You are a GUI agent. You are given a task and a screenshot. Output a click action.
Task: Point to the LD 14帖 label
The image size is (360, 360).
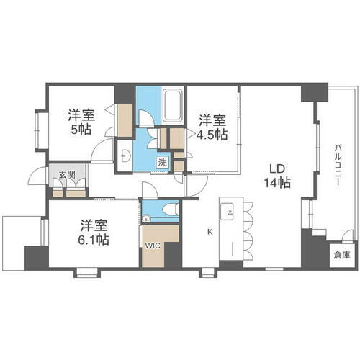pyautogui.click(x=276, y=176)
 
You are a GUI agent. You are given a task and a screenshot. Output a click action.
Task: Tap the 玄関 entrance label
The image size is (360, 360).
pyautogui.click(x=67, y=174)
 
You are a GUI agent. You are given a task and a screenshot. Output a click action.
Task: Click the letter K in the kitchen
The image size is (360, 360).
pyautogui.click(x=210, y=232)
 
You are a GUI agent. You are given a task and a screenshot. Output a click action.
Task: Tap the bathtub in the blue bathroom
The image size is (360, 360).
pyautogui.click(x=172, y=107)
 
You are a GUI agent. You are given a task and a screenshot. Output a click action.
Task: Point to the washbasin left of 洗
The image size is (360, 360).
pyautogui.click(x=125, y=155)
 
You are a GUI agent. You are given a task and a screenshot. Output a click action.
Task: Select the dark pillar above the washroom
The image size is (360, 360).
pyautogui.click(x=125, y=93)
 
